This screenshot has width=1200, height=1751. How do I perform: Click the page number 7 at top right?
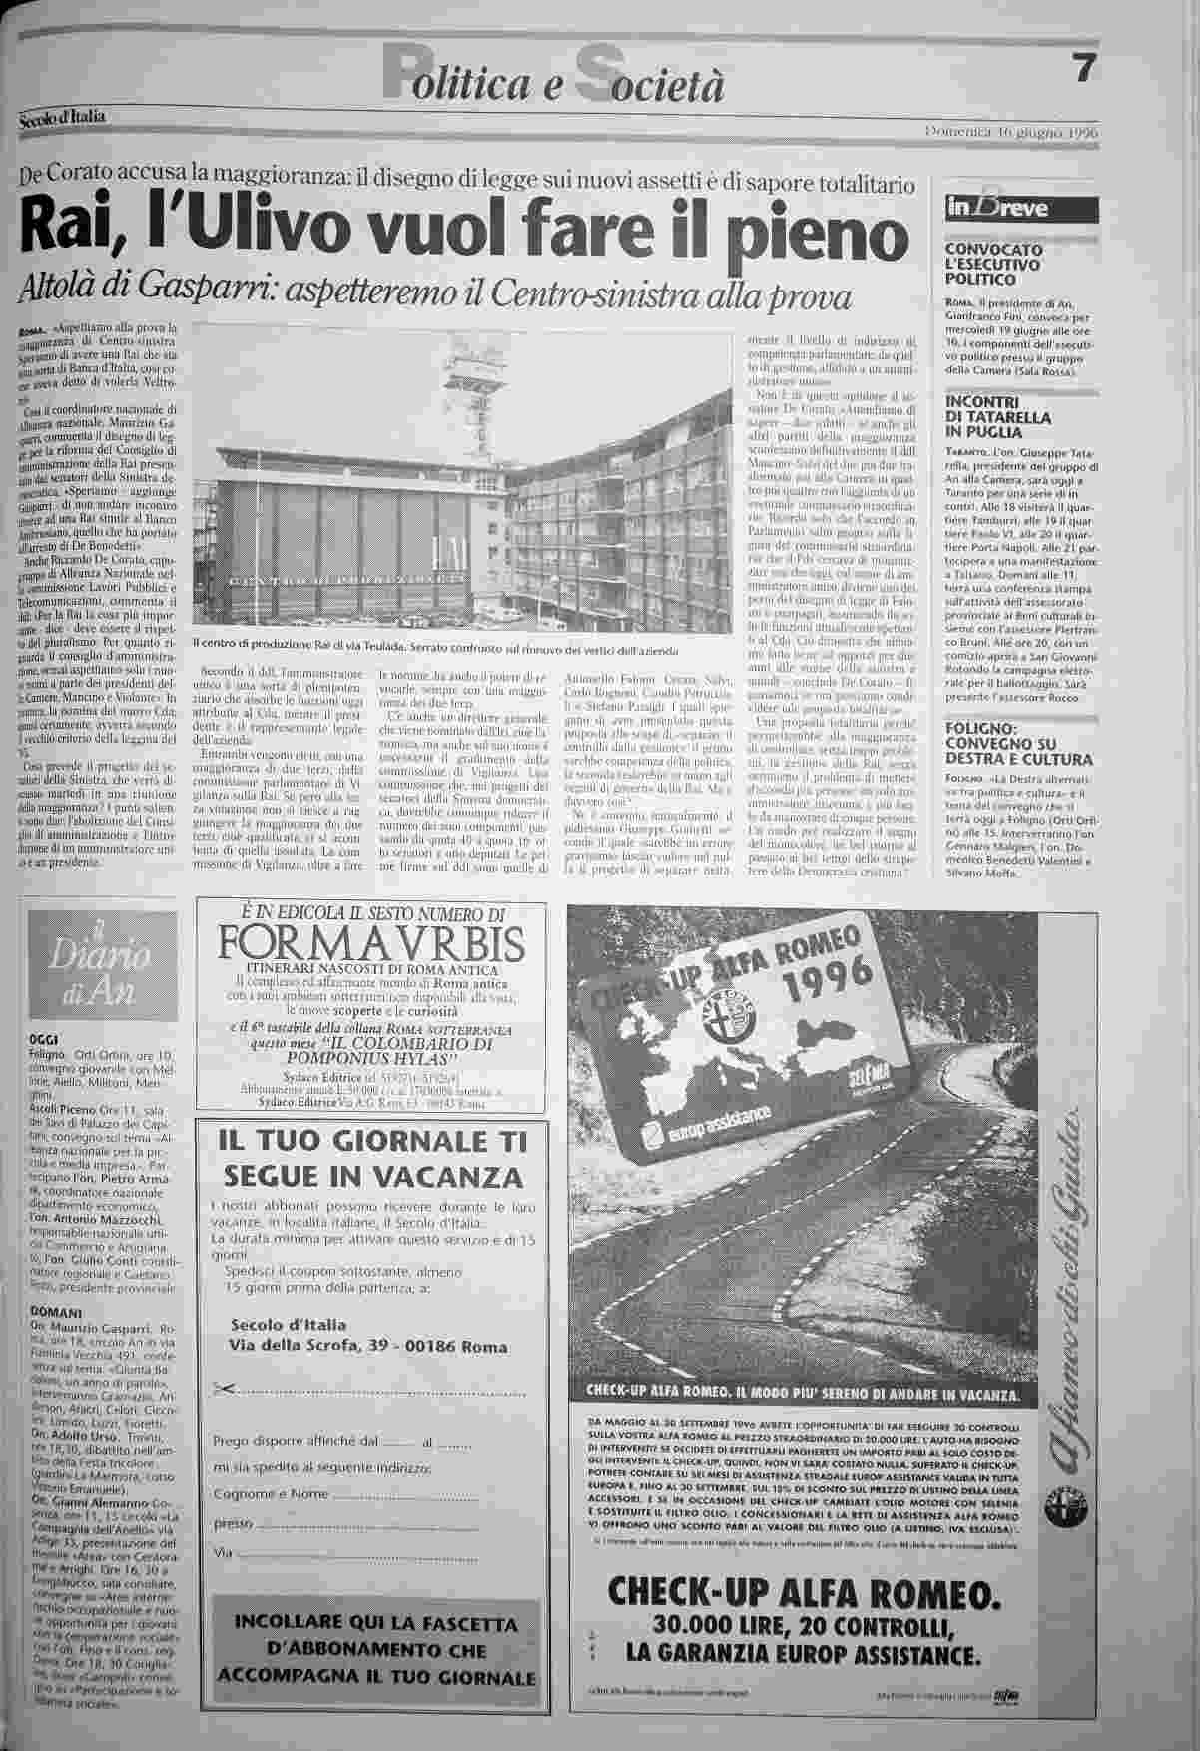coord(1085,69)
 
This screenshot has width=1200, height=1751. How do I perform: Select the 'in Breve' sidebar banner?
coord(1013,208)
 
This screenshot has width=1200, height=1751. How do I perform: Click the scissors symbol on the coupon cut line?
coord(223,1389)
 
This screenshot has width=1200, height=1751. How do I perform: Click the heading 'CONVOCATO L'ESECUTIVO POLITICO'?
coord(980,264)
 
